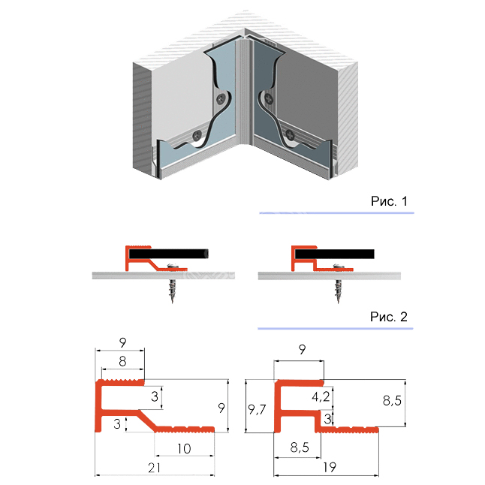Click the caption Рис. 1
point(389,201)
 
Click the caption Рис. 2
point(389,317)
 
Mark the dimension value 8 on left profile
point(121,361)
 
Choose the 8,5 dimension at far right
point(392,402)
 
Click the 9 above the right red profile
point(301,349)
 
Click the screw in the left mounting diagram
point(173,284)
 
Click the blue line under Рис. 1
point(336,214)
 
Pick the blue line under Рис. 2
point(336,329)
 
